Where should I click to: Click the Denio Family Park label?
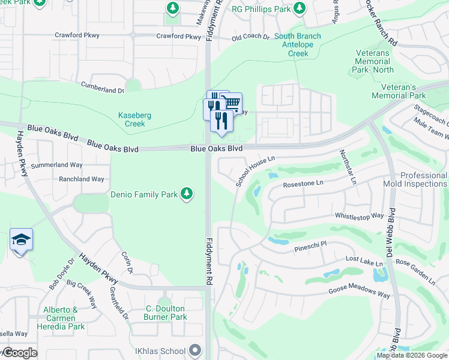(144, 194)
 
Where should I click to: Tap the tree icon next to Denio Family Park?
(187, 193)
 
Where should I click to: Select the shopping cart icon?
(231, 103)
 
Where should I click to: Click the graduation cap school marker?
(21, 240)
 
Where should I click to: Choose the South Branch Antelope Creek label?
(297, 45)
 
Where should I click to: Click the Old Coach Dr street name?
(251, 37)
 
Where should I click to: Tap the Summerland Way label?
(56, 164)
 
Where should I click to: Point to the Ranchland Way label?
(81, 179)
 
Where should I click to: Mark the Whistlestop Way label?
(359, 215)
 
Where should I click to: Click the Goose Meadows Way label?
(359, 293)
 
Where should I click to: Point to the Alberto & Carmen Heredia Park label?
(59, 318)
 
